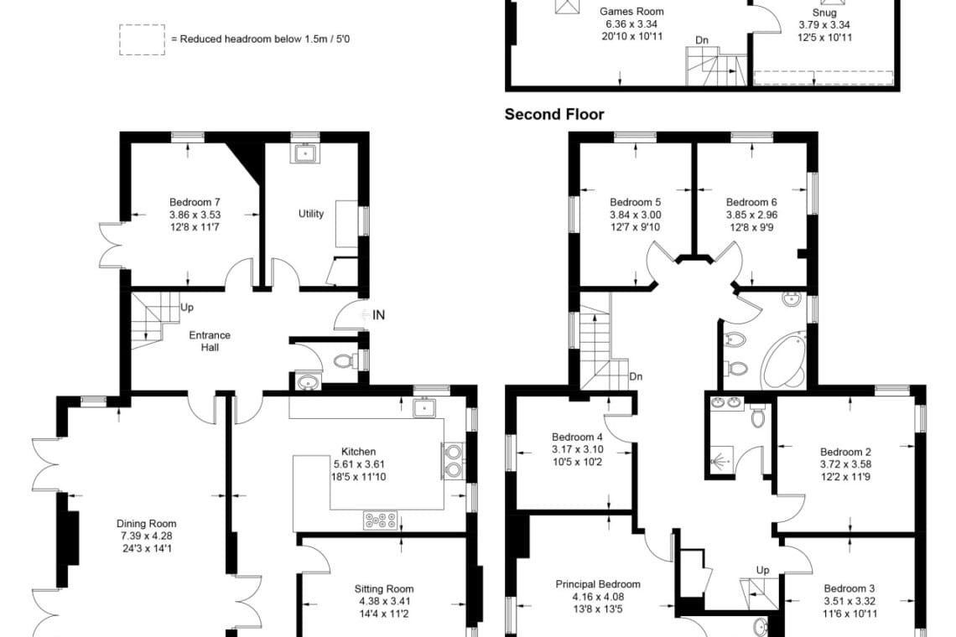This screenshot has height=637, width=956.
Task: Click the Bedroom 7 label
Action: click(x=195, y=202)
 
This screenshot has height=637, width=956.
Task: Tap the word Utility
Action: click(x=311, y=214)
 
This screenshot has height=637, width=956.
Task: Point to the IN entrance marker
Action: click(x=378, y=315)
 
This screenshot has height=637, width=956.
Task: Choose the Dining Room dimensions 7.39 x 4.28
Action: click(x=146, y=536)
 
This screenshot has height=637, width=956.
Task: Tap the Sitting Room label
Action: click(x=384, y=589)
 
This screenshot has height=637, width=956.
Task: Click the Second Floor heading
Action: click(x=554, y=115)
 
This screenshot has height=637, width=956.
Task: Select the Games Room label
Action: click(x=631, y=12)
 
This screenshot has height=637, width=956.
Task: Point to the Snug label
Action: click(x=824, y=13)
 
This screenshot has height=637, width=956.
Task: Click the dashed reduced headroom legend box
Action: click(x=142, y=40)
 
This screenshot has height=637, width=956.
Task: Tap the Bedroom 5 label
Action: click(x=636, y=202)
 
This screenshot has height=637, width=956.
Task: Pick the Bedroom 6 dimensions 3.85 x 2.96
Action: click(x=751, y=215)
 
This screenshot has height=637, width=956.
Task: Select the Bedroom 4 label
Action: click(x=578, y=437)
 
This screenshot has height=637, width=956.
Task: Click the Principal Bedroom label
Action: click(x=598, y=584)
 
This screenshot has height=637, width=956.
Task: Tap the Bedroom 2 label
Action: click(x=845, y=453)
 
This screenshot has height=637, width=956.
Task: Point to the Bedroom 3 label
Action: click(x=849, y=589)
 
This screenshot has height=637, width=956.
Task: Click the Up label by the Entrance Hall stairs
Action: click(x=187, y=308)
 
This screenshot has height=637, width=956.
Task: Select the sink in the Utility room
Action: click(x=305, y=153)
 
